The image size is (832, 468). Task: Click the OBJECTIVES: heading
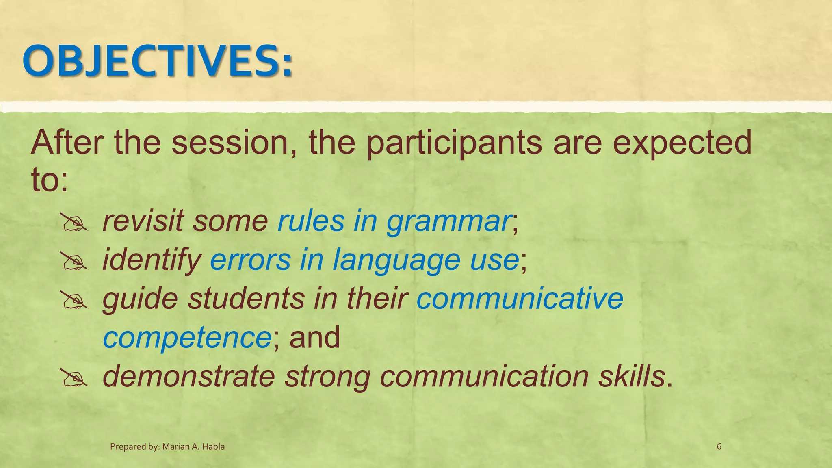[x=158, y=61]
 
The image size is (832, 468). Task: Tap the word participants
[x=454, y=143]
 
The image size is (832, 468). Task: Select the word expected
[x=682, y=143]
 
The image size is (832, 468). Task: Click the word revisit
[x=143, y=221]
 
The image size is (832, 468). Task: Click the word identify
[x=152, y=260]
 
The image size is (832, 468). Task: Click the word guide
[x=140, y=299]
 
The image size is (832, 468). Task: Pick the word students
[x=246, y=298]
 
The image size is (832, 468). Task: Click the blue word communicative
[x=520, y=298]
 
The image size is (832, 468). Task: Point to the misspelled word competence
[x=187, y=338]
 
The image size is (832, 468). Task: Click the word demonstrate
[x=189, y=376]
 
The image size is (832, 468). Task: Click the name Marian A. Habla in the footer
[x=193, y=447]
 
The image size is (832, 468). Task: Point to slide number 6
[x=719, y=447]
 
